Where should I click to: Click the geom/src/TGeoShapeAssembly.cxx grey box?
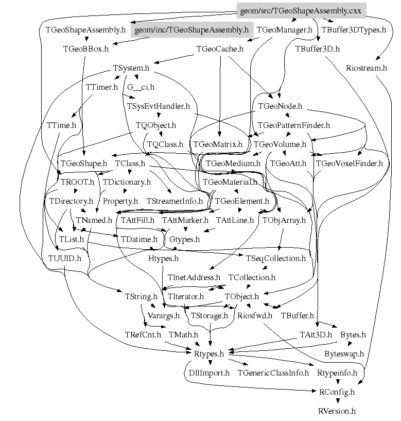coord(301,11)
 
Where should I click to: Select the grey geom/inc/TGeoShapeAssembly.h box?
coord(192,30)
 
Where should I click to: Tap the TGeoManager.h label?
coord(285,30)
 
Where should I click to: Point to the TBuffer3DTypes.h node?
coord(354,30)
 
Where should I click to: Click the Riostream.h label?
coord(367,68)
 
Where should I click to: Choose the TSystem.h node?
coord(131,68)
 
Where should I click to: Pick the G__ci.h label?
coord(141,87)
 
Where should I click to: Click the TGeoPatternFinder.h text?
coord(293,125)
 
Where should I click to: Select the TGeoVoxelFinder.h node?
coord(350,164)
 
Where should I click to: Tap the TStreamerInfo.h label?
coord(175,201)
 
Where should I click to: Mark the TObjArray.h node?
coord(284,220)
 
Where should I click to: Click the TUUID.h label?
coord(65,258)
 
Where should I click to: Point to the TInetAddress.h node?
coord(194,278)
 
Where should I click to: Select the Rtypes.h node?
coord(209,354)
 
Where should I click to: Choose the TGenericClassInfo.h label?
coord(273,373)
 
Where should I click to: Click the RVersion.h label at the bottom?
coord(337,411)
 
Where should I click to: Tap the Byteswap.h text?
coord(344,354)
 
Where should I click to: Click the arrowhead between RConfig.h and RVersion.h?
coord(338,401)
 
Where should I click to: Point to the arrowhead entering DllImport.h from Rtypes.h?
coord(210,363)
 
